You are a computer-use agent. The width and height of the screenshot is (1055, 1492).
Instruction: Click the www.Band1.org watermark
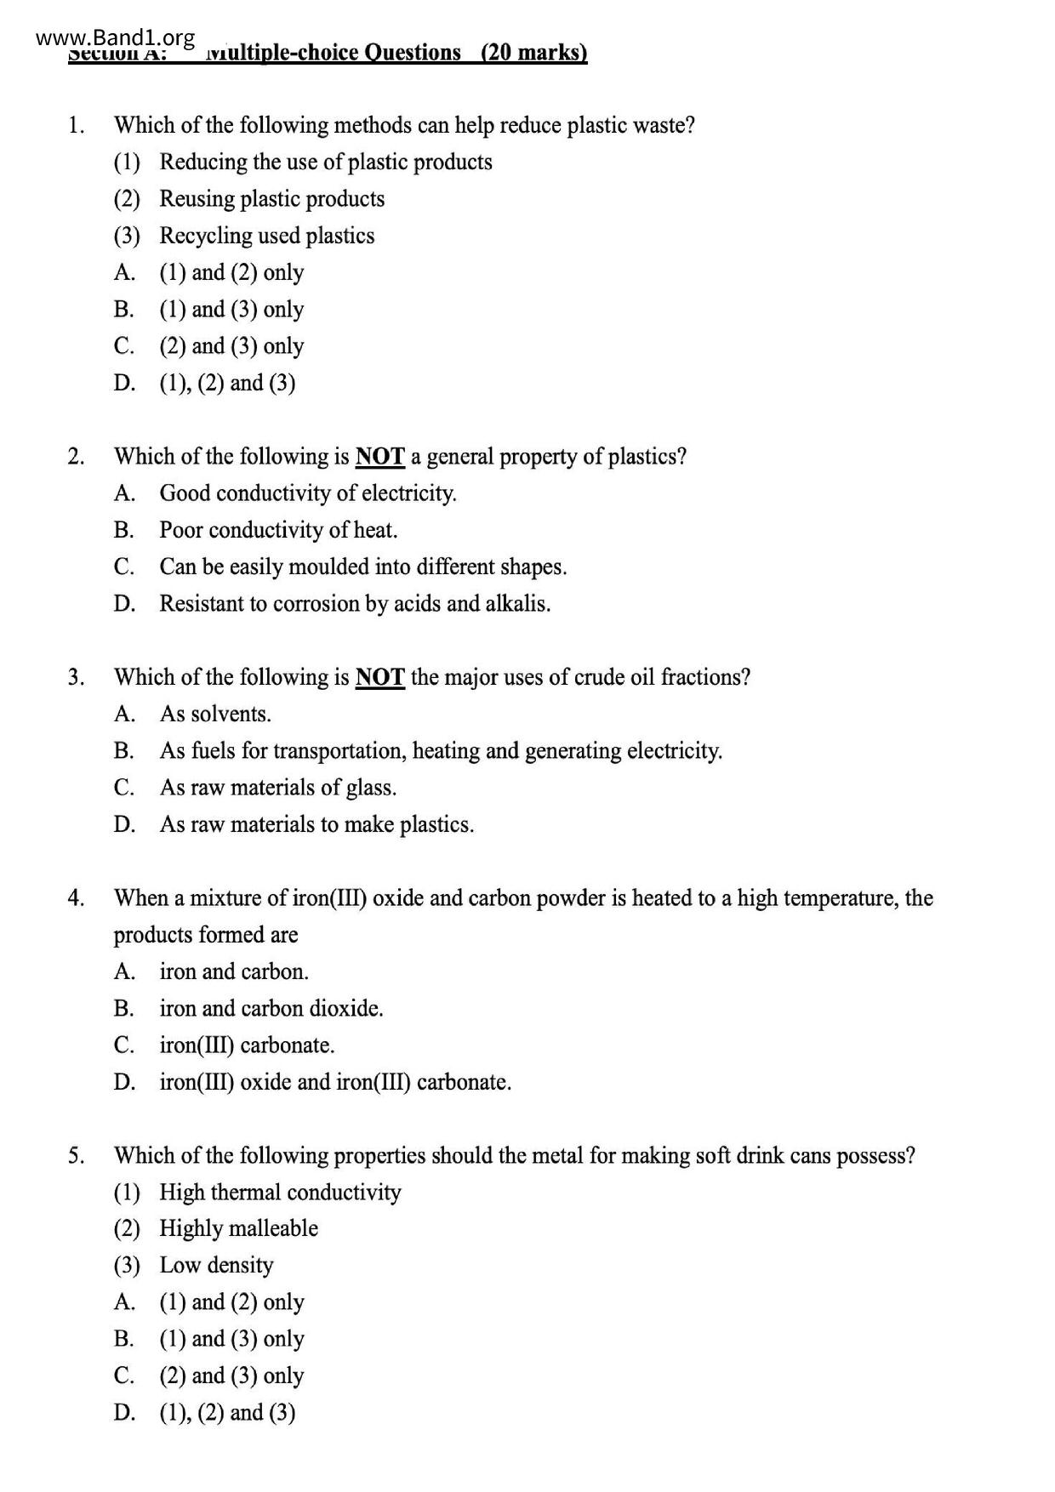117,38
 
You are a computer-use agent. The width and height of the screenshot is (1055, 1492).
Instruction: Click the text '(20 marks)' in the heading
533,53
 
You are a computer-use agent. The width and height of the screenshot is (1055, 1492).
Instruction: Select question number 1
76,126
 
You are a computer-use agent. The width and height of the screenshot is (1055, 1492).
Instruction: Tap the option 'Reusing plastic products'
271,199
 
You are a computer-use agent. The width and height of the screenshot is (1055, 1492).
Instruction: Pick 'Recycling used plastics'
266,236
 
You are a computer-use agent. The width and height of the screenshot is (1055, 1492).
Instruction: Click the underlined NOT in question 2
379,457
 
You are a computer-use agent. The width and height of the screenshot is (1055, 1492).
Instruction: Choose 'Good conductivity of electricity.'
308,493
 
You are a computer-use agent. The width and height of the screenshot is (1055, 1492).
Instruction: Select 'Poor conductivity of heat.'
278,530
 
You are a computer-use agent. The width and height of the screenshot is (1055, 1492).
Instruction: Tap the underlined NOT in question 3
379,677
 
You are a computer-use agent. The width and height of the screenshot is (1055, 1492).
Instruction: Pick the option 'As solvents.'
215,715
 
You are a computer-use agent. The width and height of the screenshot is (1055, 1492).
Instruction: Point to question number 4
76,898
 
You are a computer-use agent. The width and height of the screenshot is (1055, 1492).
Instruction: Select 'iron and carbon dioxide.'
271,1009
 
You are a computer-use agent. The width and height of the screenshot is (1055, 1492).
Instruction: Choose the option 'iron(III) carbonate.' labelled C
247,1045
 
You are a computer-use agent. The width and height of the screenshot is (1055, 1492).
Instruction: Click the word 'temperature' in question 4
840,898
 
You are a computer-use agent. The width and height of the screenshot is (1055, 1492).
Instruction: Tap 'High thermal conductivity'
280,1193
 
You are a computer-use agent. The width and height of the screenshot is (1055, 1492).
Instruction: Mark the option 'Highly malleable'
238,1229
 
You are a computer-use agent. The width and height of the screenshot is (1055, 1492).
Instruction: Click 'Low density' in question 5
216,1266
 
